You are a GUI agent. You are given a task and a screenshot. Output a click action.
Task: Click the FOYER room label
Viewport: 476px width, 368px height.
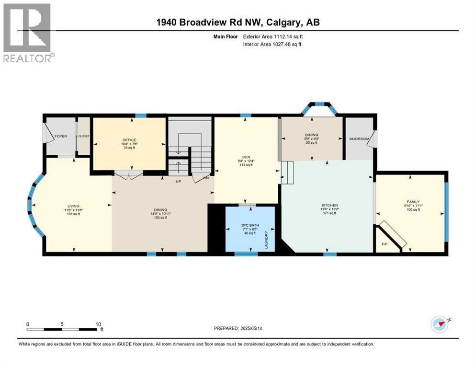pos(60,136)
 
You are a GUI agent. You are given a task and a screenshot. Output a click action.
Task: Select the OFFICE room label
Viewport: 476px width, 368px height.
pos(129,140)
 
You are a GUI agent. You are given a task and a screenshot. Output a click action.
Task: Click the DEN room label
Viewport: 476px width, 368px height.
pos(245,157)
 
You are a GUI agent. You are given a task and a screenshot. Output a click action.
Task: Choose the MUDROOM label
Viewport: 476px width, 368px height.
pos(359,139)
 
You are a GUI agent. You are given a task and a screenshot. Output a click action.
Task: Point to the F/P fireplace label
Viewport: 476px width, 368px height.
pos(384,244)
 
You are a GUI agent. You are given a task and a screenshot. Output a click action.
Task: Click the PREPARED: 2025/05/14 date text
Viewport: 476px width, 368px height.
pos(238,328)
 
